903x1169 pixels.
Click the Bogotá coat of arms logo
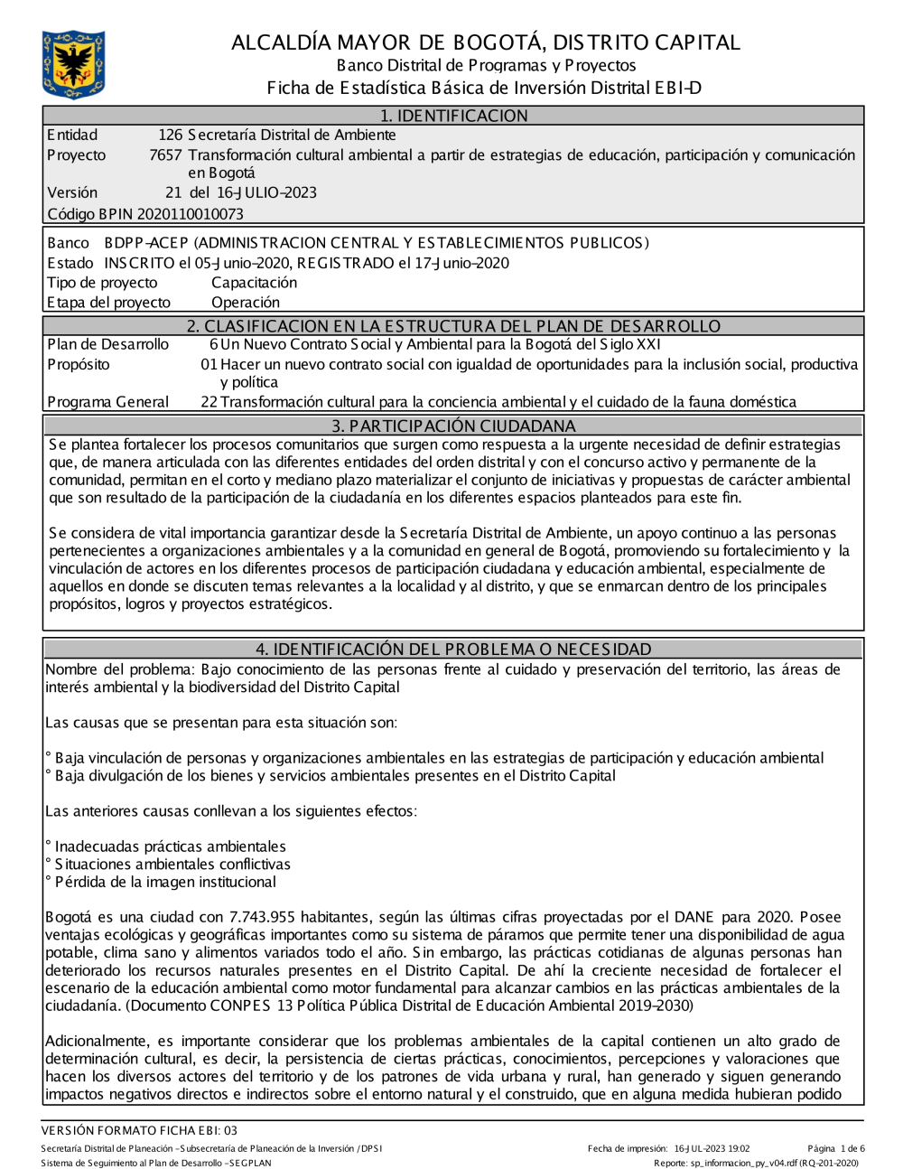pyautogui.click(x=73, y=64)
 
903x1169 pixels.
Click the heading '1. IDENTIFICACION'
pyautogui.click(x=453, y=116)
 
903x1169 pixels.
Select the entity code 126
pyautogui.click(x=170, y=136)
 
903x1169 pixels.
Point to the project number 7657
pyautogui.click(x=165, y=155)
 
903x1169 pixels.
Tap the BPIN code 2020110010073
pyautogui.click(x=190, y=214)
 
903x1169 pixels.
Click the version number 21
pyautogui.click(x=173, y=192)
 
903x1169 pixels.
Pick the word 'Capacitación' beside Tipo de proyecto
pyautogui.click(x=254, y=283)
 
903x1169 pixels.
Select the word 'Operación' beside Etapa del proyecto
pyautogui.click(x=246, y=303)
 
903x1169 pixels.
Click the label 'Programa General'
pyautogui.click(x=107, y=402)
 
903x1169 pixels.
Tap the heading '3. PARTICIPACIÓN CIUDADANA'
pyautogui.click(x=453, y=426)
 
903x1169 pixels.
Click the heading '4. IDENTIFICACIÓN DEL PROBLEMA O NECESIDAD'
pyautogui.click(x=453, y=650)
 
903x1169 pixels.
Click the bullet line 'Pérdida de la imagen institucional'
pyautogui.click(x=165, y=882)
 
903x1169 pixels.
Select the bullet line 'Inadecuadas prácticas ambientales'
pyautogui.click(x=170, y=846)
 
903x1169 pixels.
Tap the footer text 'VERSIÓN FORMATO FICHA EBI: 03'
pyautogui.click(x=139, y=1130)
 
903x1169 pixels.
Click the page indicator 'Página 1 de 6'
pyautogui.click(x=836, y=1149)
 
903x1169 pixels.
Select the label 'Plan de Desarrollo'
pyautogui.click(x=107, y=344)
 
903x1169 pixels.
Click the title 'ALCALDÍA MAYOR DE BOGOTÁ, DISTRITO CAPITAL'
pyautogui.click(x=485, y=42)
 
